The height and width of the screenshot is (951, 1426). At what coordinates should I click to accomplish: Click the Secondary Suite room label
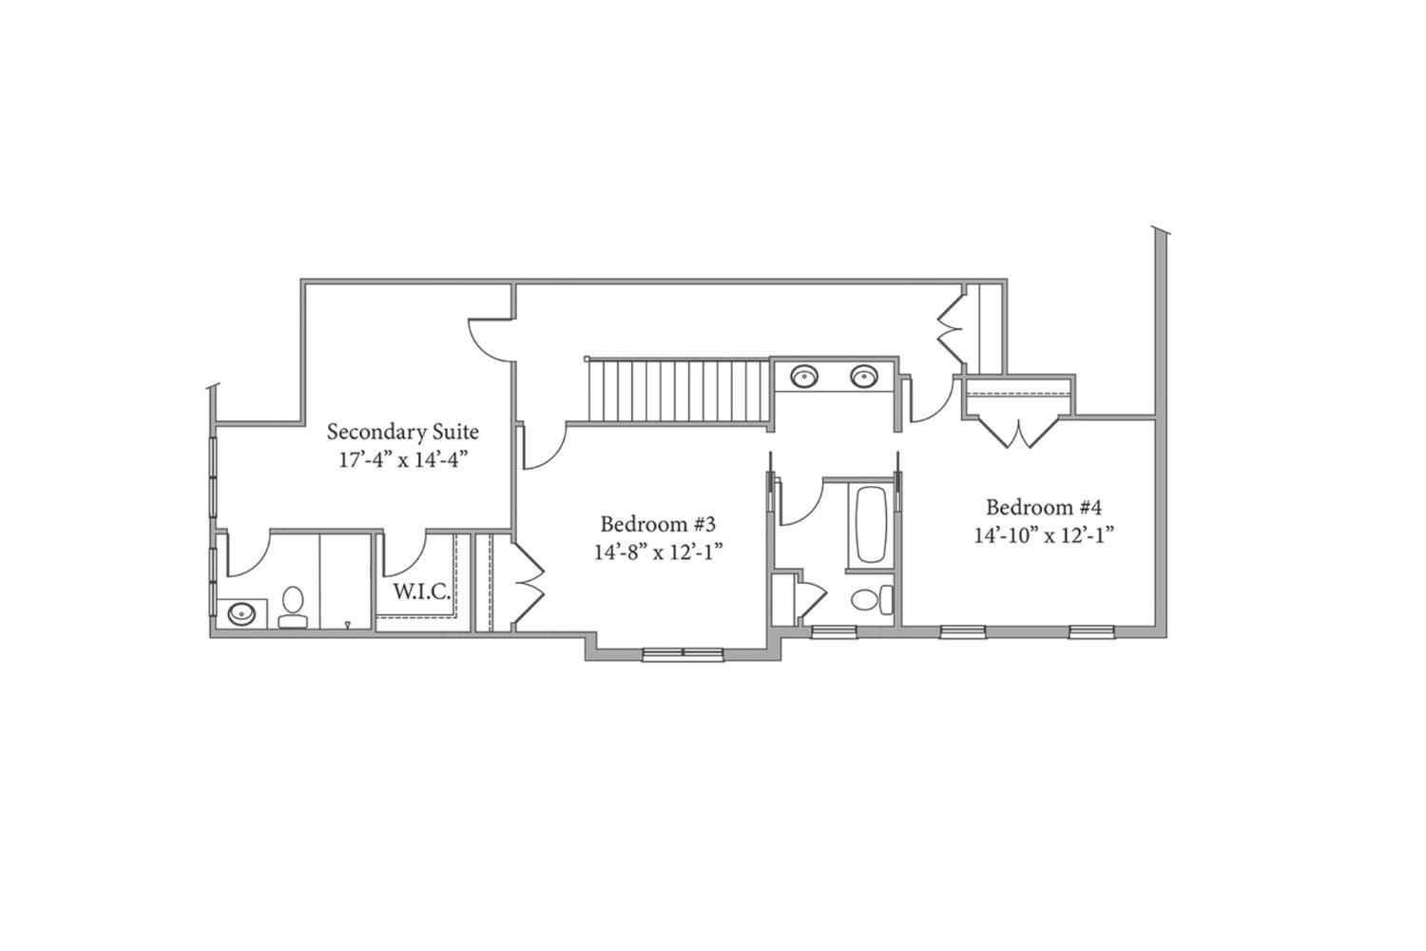[x=402, y=433]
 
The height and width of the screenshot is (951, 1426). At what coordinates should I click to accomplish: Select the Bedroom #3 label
[x=658, y=524]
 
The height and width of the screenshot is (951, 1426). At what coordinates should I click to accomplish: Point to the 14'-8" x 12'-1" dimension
[x=658, y=553]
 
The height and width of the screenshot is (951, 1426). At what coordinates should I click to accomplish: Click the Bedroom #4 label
[x=1044, y=508]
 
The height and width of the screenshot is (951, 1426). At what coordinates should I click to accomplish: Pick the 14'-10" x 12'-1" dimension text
[x=1044, y=535]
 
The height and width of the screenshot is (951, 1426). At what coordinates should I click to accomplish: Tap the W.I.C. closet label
[x=421, y=592]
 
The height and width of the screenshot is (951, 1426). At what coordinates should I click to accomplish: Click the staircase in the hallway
[x=679, y=391]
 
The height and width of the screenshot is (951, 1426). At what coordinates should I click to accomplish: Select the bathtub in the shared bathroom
[x=870, y=525]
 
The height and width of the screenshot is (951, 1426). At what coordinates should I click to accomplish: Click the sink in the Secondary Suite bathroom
[x=241, y=614]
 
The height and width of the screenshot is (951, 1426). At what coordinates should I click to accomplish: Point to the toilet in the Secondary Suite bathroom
[x=293, y=608]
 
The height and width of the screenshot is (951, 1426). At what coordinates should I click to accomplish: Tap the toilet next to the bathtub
[x=872, y=600]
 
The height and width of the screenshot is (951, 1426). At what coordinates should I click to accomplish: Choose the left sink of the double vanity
[x=804, y=376]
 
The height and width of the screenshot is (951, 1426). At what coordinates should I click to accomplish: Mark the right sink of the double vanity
[x=864, y=376]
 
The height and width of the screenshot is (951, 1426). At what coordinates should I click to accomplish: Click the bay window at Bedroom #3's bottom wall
[x=684, y=653]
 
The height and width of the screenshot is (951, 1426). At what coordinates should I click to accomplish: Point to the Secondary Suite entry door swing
[x=491, y=340]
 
